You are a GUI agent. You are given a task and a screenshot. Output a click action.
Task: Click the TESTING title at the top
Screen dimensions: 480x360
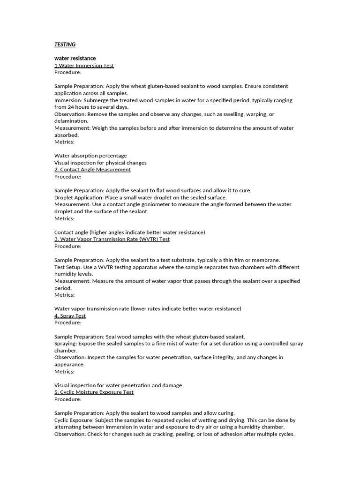[x=65, y=45]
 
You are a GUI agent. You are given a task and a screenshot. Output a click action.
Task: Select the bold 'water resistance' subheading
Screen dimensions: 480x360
[x=75, y=59]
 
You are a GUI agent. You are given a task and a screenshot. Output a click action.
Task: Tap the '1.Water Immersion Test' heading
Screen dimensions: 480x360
[x=84, y=66]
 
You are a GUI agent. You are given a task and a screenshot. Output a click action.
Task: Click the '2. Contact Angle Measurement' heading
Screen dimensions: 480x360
[x=92, y=170]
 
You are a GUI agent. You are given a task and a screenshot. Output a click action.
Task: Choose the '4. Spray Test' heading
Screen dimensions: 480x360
[x=70, y=316]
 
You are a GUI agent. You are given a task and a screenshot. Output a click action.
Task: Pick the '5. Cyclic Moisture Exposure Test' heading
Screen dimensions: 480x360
[x=94, y=392]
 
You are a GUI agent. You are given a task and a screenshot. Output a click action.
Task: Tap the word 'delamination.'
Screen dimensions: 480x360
[x=71, y=121]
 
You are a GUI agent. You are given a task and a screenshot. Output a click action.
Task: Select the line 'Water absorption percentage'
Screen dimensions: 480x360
[x=90, y=156]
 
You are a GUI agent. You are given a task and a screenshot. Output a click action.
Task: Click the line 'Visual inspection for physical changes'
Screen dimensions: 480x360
[x=100, y=163]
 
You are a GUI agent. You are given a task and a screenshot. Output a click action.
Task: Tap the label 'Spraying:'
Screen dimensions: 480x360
[x=66, y=344]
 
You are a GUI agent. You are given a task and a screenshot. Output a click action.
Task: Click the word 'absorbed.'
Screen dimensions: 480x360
[x=67, y=135]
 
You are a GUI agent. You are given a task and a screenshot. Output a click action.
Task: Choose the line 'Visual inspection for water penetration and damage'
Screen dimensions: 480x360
[x=118, y=385]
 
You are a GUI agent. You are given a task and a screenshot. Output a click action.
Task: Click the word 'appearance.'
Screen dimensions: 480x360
[x=69, y=364]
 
